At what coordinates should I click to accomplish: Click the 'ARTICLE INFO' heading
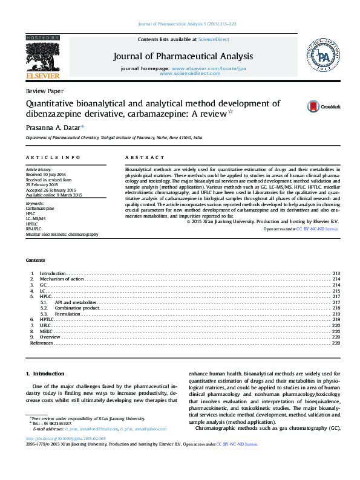tap(53, 157)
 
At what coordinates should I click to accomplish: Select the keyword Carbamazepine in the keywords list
tap(40, 208)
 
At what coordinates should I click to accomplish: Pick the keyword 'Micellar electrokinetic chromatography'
tap(62, 234)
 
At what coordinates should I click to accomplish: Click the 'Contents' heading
tap(35, 260)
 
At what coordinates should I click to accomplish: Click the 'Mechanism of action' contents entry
tap(66, 279)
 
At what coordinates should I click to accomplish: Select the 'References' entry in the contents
tap(42, 343)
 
